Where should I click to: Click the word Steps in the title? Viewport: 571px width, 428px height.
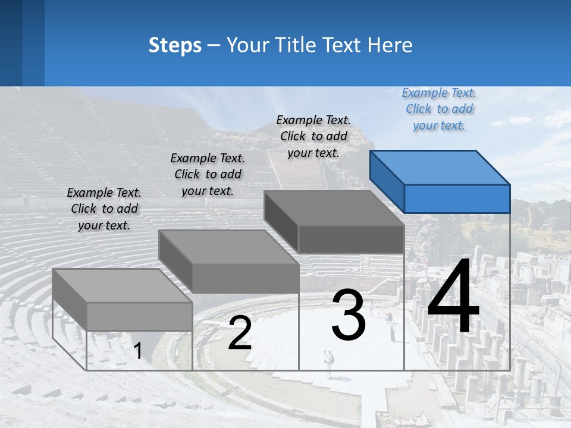[175, 45]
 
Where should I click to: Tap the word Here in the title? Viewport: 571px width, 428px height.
[390, 45]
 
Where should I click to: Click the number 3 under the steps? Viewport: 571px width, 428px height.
[349, 315]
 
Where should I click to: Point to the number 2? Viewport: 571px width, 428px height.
[240, 333]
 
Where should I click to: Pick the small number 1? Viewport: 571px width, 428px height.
[138, 351]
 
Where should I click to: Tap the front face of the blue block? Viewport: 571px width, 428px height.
[457, 199]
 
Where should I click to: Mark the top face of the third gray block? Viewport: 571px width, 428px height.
[334, 208]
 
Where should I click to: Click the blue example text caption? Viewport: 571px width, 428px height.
[439, 109]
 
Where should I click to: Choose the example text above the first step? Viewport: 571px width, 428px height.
[104, 209]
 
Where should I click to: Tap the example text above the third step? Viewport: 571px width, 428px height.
[313, 136]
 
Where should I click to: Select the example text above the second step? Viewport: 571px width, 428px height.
[208, 174]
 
